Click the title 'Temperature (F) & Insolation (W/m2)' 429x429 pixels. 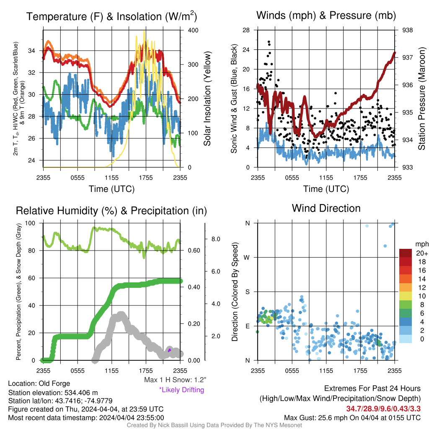(111, 16)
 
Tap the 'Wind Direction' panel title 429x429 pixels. (326, 208)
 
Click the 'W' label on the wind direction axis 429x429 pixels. (247, 258)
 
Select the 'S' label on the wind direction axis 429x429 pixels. (247, 292)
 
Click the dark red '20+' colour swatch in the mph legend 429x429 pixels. (406, 253)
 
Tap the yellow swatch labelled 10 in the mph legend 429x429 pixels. (406, 296)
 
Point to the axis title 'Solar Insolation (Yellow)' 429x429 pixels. (207, 98)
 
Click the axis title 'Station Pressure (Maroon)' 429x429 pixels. (421, 98)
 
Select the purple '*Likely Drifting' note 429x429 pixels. (182, 390)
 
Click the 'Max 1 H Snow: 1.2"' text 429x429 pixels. (175, 380)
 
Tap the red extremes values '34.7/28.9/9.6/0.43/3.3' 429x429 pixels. (383, 408)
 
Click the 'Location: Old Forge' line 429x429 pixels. (39, 383)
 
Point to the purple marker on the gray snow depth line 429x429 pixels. (169, 350)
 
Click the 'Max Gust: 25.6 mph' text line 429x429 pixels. (352, 418)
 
